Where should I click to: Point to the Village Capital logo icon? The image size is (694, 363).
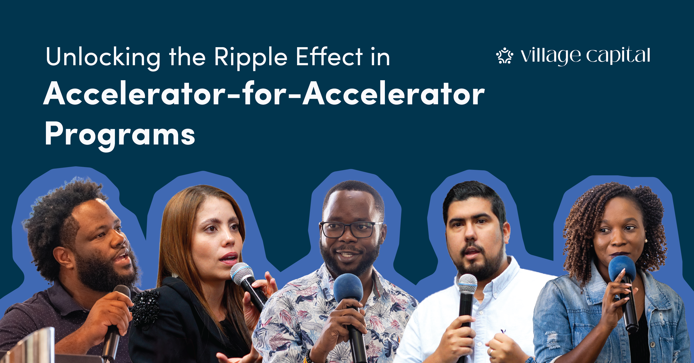[505, 56]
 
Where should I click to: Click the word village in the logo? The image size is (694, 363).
[551, 56]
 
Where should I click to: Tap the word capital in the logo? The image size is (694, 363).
[618, 56]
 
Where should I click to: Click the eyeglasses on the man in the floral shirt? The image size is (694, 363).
[351, 230]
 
